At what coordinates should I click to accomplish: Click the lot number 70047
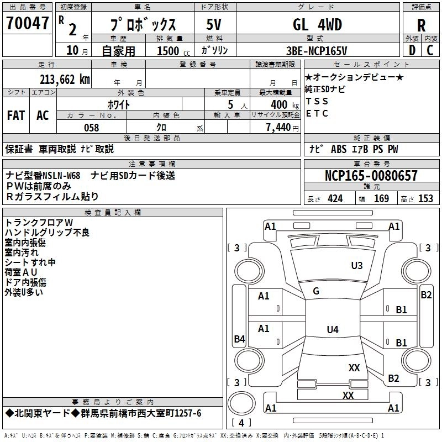click(x=27, y=24)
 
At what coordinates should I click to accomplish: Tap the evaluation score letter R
click(x=421, y=25)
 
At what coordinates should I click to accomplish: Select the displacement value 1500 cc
click(x=172, y=51)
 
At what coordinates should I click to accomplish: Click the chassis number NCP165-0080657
click(x=371, y=176)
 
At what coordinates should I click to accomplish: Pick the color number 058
click(x=91, y=128)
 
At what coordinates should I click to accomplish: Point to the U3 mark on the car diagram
click(x=357, y=266)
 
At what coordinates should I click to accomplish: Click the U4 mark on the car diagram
click(x=332, y=330)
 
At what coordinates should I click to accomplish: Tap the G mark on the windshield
click(x=316, y=291)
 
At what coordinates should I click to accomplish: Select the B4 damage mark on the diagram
click(x=239, y=339)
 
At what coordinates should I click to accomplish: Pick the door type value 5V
click(x=215, y=25)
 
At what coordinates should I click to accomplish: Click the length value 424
click(x=335, y=199)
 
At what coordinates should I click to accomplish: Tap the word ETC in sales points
click(x=317, y=114)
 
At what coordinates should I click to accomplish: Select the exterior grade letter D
click(x=412, y=51)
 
